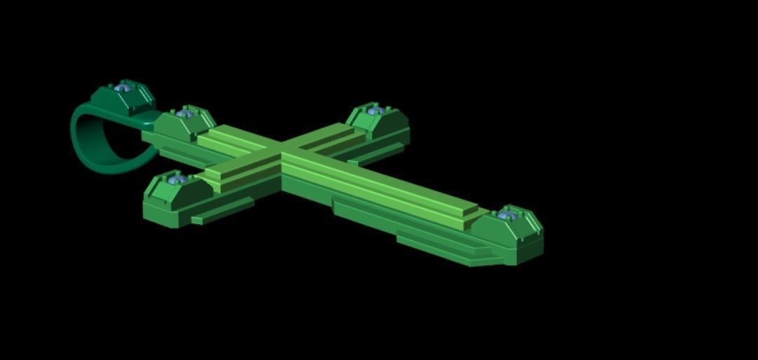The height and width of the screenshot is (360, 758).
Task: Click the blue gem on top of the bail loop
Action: pyautogui.click(x=125, y=87)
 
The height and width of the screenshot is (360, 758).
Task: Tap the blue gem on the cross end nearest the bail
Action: pyautogui.click(x=185, y=113)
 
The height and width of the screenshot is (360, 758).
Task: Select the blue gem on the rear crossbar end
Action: pyautogui.click(x=375, y=110)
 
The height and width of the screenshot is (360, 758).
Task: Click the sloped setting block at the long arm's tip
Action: pyautogui.click(x=515, y=235)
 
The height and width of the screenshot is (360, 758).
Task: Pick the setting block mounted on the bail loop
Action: pyautogui.click(x=130, y=100)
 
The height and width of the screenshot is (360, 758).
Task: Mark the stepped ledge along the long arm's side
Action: pyautogui.click(x=434, y=242)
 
